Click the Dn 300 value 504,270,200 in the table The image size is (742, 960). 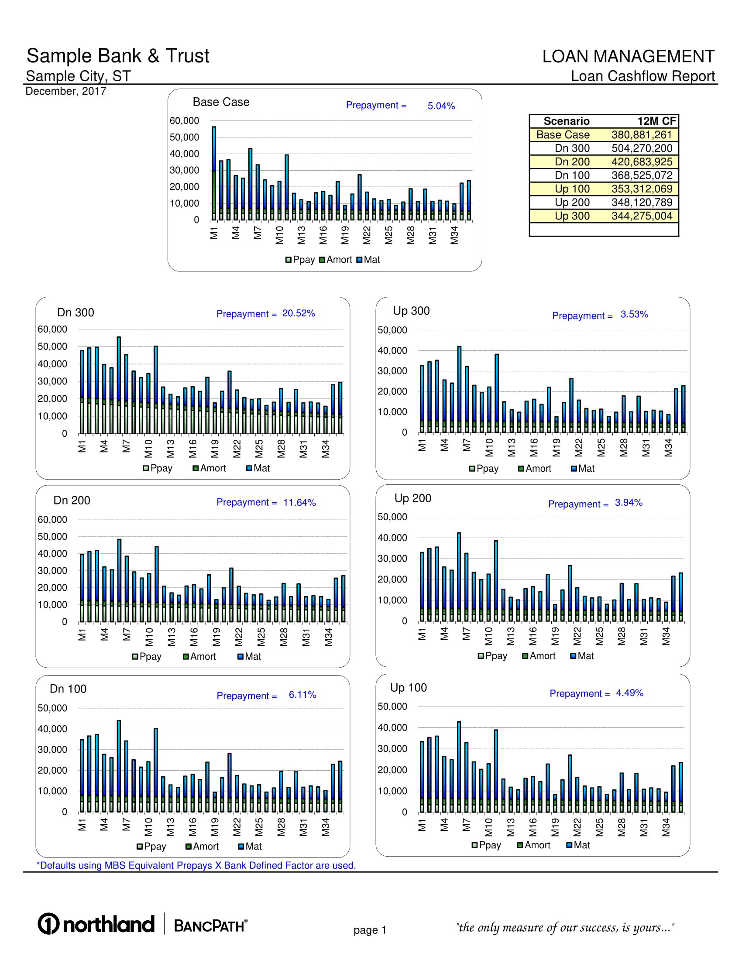point(641,148)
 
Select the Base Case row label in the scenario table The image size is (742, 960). point(563,135)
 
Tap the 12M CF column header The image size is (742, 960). point(656,121)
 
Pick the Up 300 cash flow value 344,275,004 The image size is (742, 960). point(641,216)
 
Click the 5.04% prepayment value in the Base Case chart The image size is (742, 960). point(441,106)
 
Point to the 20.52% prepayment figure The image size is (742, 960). point(299,313)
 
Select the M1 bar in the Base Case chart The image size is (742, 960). point(214,173)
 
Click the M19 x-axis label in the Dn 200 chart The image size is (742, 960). point(216,637)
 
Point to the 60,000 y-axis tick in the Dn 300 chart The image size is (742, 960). point(52,329)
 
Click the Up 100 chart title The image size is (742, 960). point(409,687)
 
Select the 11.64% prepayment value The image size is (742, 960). point(299,502)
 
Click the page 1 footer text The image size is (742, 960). point(370,930)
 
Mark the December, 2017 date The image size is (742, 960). point(66,92)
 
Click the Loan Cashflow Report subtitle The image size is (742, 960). point(642,76)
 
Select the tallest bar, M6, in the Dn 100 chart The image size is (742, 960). point(119,766)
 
